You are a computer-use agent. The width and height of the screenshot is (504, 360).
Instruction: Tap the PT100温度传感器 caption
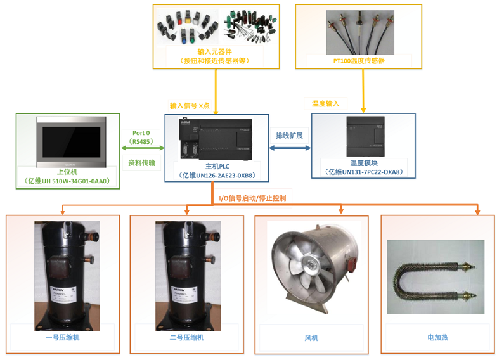(x=359, y=61)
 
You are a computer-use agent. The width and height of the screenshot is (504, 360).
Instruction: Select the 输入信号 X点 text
(x=189, y=105)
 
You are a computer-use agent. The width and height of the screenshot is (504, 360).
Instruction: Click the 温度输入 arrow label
(x=326, y=103)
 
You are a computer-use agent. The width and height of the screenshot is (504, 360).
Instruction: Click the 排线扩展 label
(x=289, y=136)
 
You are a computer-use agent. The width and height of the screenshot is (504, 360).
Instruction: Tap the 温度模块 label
(x=363, y=163)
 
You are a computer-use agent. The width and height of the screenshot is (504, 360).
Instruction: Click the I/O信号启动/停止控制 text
(x=252, y=198)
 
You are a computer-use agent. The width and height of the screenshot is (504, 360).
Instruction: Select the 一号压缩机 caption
(x=62, y=338)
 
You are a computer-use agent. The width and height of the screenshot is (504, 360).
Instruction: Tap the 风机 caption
(x=311, y=338)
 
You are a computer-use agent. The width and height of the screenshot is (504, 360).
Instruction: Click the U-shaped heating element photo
(x=436, y=277)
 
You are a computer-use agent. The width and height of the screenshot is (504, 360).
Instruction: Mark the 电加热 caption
(x=437, y=338)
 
